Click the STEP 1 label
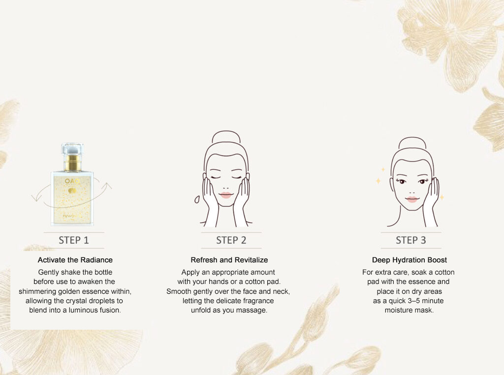[74, 240]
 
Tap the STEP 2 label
[231, 240]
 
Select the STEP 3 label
[411, 240]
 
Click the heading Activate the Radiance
[75, 260]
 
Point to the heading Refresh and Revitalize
[229, 260]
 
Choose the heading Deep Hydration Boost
[409, 260]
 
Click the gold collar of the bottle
[72, 162]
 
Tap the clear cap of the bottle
[72, 149]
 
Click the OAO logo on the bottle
[72, 181]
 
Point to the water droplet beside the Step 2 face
[197, 199]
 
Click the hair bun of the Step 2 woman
[226, 137]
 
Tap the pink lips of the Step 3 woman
[412, 199]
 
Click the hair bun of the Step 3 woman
[412, 143]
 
